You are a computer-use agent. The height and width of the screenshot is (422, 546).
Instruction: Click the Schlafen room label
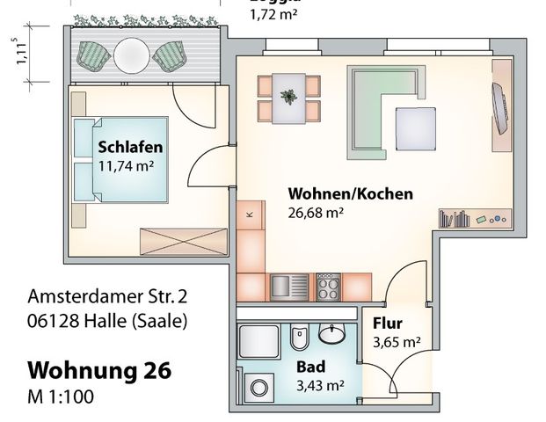click(130, 148)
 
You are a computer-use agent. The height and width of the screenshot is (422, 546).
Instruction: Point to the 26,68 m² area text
click(316, 212)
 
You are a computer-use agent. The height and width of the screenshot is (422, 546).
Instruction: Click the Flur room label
click(388, 323)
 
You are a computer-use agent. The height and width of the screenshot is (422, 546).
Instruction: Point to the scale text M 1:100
click(61, 396)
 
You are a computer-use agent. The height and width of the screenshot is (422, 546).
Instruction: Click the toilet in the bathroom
click(298, 338)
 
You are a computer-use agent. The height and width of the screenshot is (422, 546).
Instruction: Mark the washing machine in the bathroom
click(260, 386)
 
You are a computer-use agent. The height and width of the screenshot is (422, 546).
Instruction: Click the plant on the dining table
click(288, 93)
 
